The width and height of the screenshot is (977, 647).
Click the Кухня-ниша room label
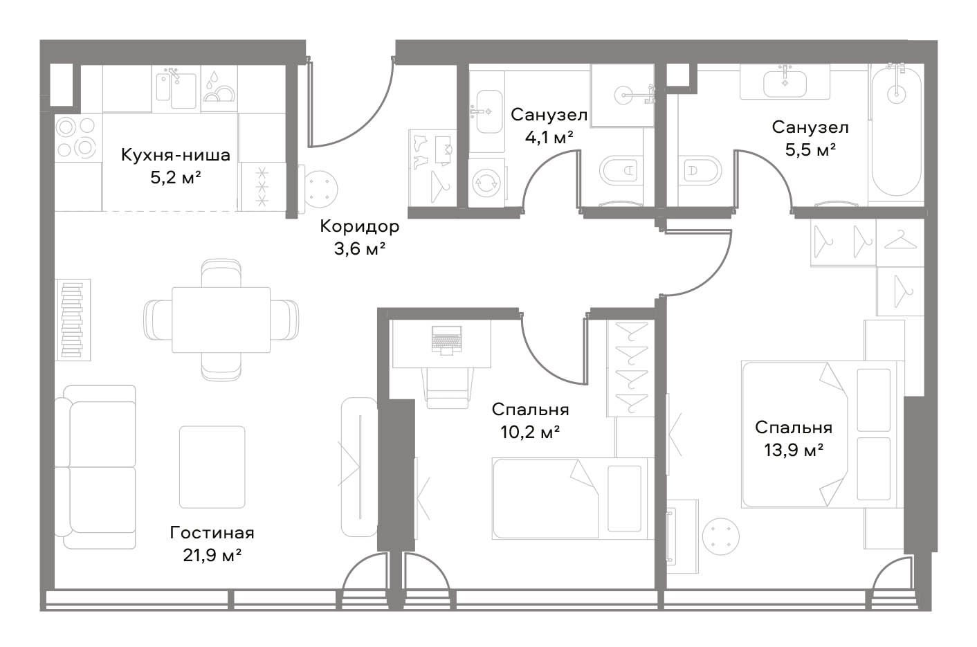coord(175,155)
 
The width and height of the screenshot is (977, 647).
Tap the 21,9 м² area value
coord(212,556)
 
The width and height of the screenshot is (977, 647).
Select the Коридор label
coord(359,226)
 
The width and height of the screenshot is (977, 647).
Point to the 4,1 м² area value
coord(549,138)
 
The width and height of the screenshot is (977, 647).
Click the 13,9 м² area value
coord(794,450)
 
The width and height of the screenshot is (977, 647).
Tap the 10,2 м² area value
coord(530,432)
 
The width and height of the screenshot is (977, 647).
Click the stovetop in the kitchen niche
coord(77,138)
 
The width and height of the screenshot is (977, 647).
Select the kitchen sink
coord(176,90)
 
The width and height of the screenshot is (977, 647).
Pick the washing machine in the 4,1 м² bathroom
coord(486,182)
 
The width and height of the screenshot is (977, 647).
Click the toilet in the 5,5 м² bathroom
coord(699,171)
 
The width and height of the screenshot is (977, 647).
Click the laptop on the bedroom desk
coord(446,340)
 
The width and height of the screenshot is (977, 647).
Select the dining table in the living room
coord(221,320)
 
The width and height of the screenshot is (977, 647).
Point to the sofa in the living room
coord(100,467)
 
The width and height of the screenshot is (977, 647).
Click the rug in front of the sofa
coord(212,467)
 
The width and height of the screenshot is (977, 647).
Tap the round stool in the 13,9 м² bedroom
coord(721,536)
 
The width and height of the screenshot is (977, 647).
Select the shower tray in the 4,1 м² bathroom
coord(623,96)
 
